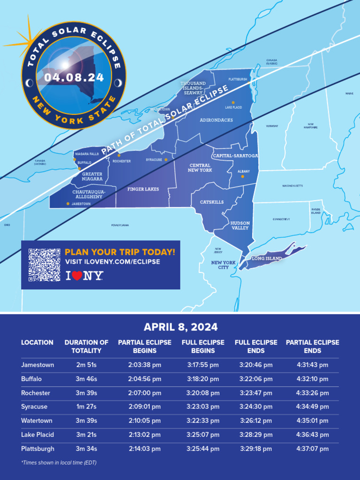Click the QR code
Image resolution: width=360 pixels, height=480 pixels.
click(45, 264)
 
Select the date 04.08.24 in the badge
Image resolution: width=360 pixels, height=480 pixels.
click(75, 77)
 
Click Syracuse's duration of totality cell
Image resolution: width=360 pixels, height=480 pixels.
click(86, 407)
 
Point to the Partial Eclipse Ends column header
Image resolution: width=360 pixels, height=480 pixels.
click(312, 346)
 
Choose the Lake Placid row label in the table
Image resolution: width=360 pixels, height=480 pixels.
click(37, 435)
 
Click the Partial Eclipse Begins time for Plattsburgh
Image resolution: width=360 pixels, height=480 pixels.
click(145, 449)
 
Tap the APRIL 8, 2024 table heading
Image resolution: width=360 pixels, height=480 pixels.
click(180, 327)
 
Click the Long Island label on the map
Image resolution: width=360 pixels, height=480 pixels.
click(266, 259)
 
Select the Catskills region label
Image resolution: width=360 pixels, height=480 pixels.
click(212, 202)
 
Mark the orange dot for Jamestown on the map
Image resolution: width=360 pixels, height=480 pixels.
click(68, 204)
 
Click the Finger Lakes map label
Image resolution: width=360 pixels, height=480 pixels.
click(143, 189)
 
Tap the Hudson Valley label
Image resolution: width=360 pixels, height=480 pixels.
click(240, 225)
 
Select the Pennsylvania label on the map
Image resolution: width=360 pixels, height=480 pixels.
click(120, 225)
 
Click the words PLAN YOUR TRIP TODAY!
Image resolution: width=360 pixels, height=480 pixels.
click(120, 252)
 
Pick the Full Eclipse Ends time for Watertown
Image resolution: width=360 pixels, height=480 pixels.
click(256, 421)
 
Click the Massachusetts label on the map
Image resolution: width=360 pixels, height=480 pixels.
click(292, 186)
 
